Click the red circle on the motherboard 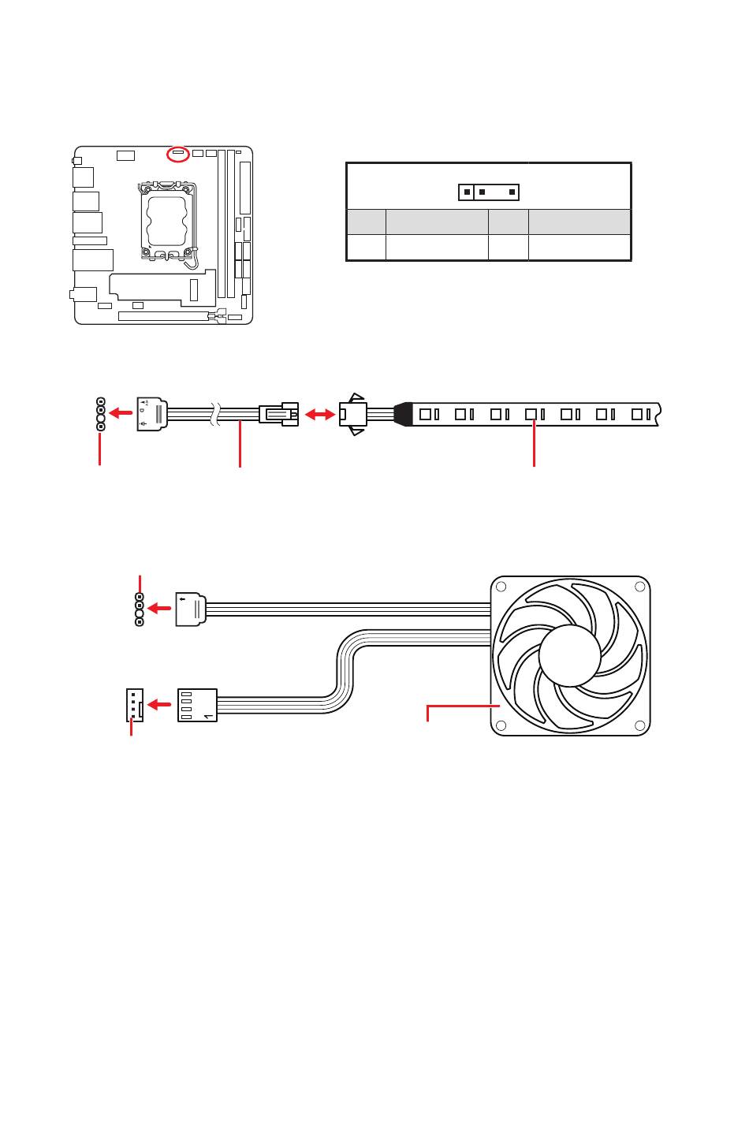pos(179,154)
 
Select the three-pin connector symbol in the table pos(489,192)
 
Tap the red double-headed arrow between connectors pos(319,414)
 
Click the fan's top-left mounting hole pos(501,587)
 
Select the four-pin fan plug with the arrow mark pos(197,704)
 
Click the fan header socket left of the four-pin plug pos(134,704)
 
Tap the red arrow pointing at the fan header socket pos(161,704)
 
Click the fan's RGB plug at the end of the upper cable pos(190,609)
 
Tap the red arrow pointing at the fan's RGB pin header pos(160,609)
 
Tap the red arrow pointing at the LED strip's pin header pos(121,413)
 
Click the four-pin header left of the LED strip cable pos(100,414)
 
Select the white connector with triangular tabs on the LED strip pos(353,414)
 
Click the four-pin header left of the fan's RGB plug pos(140,610)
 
